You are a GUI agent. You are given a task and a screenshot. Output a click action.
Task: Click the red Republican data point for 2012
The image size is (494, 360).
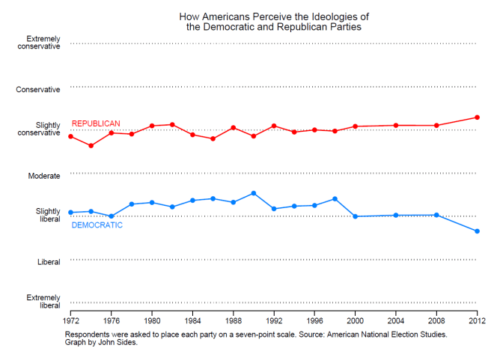(477, 118)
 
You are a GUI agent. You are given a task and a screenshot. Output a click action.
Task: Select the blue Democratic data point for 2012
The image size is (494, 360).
(477, 231)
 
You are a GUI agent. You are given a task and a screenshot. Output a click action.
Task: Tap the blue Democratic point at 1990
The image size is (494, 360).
(254, 193)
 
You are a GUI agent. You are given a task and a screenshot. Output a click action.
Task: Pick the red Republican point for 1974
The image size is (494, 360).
(91, 145)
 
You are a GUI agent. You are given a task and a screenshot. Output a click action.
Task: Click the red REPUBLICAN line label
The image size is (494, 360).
(96, 123)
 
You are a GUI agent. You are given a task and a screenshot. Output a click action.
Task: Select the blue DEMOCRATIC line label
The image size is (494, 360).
(97, 225)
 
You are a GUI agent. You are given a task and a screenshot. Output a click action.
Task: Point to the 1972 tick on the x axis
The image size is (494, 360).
(70, 320)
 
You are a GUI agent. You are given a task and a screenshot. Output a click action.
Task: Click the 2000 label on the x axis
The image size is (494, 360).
(355, 320)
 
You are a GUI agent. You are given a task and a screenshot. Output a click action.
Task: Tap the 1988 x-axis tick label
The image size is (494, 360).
(233, 320)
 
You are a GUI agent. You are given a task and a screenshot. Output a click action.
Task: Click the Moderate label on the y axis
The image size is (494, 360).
(44, 176)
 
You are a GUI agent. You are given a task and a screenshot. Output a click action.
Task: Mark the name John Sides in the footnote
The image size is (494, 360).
(119, 343)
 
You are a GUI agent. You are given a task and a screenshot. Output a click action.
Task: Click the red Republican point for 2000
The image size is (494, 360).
(355, 126)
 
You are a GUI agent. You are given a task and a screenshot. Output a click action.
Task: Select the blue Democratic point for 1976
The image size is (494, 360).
(112, 216)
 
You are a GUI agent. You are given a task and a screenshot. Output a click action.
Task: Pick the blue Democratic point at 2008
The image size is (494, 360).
(436, 215)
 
